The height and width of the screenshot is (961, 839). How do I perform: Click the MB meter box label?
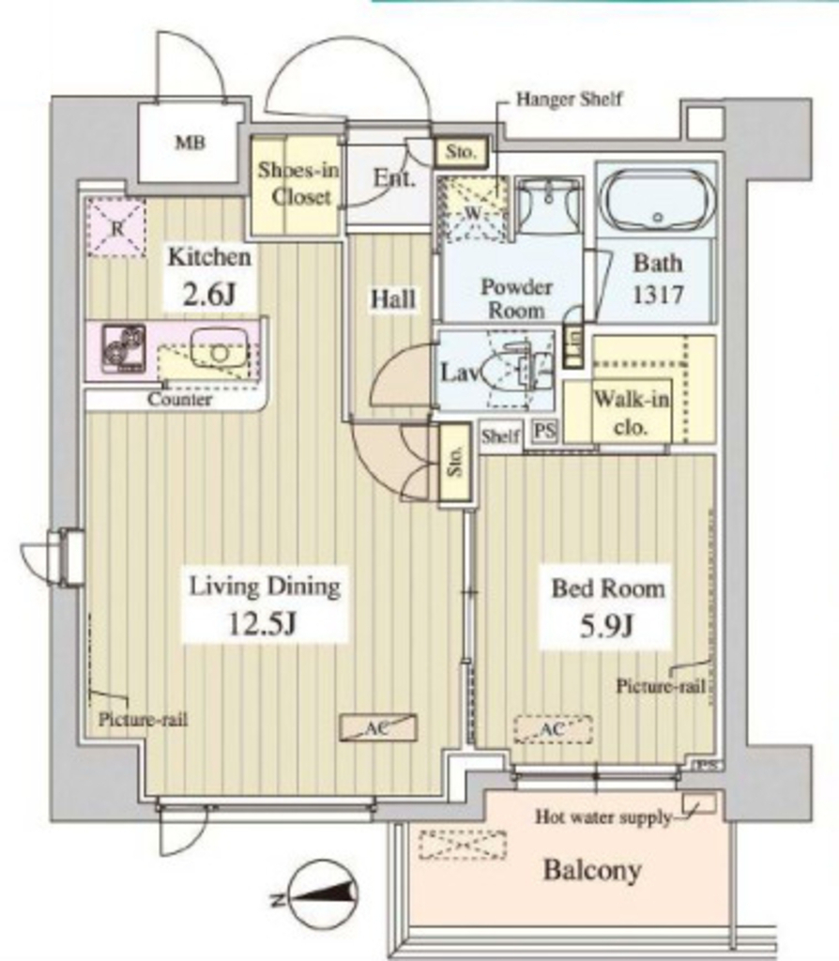[x=190, y=144]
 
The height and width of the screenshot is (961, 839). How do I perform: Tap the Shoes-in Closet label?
[x=297, y=183]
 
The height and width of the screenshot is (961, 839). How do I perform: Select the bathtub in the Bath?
[x=657, y=199]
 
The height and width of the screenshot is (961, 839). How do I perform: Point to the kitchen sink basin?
[x=219, y=348]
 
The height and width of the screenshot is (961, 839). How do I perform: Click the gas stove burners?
[x=124, y=348]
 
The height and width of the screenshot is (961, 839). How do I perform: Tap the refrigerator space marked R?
[x=116, y=227]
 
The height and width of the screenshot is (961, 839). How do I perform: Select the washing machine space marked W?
[x=472, y=209]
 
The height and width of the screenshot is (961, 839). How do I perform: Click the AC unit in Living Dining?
[x=378, y=727]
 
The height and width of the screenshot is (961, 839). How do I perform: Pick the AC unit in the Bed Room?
[x=553, y=729]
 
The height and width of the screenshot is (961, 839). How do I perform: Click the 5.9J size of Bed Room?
[x=606, y=626]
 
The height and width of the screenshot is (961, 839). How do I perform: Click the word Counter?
[x=179, y=400]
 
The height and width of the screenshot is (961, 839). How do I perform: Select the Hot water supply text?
[x=603, y=817]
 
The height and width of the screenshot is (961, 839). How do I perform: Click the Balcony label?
[x=592, y=870]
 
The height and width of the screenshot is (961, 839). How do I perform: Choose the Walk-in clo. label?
[x=632, y=413]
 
